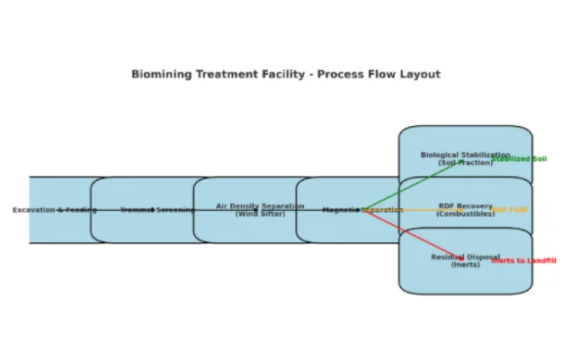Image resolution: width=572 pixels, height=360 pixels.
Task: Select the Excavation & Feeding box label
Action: tap(54, 210)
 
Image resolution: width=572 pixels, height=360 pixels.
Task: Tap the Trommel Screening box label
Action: tap(156, 210)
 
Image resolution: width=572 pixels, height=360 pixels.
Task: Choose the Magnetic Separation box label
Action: tap(342, 210)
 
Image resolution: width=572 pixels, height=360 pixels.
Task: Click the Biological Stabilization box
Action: tap(465, 144)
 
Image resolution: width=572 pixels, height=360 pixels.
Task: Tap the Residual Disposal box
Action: tap(465, 274)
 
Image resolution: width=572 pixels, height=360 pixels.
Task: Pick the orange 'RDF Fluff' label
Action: tap(510, 210)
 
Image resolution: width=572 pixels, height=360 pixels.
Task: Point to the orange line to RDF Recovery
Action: tap(423, 210)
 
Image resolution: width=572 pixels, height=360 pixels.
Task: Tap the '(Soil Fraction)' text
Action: tap(465, 163)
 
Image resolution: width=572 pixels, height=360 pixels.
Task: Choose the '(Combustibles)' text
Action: tap(465, 214)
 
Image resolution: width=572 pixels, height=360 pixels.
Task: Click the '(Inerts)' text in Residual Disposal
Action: tap(465, 265)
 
